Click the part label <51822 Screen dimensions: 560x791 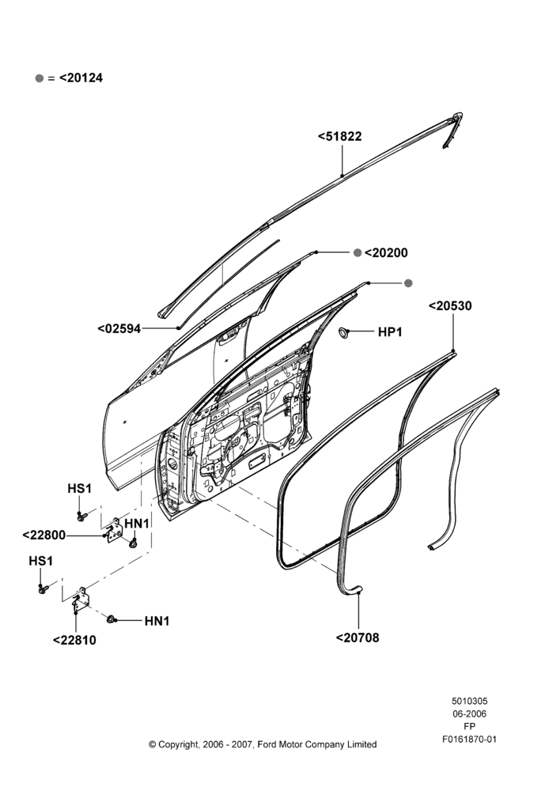[339, 137]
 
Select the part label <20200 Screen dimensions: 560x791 [386, 253]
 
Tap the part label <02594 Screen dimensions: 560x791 [119, 329]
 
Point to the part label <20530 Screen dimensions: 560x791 [450, 305]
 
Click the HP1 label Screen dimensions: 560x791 [390, 332]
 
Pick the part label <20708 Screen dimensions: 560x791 [358, 638]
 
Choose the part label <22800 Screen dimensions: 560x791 [44, 536]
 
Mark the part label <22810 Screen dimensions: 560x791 [74, 640]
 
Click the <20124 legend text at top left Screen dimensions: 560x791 [81, 78]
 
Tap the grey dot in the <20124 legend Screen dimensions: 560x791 [40, 78]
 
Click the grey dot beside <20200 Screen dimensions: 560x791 [358, 253]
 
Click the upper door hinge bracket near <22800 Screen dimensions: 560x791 [115, 530]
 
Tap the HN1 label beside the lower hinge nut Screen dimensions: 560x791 [157, 621]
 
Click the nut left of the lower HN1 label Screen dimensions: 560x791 [112, 619]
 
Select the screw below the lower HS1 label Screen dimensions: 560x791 [43, 589]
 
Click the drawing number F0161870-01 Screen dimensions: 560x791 [470, 740]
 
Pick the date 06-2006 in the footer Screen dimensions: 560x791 [469, 713]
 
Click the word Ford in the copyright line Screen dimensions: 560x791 [267, 744]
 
